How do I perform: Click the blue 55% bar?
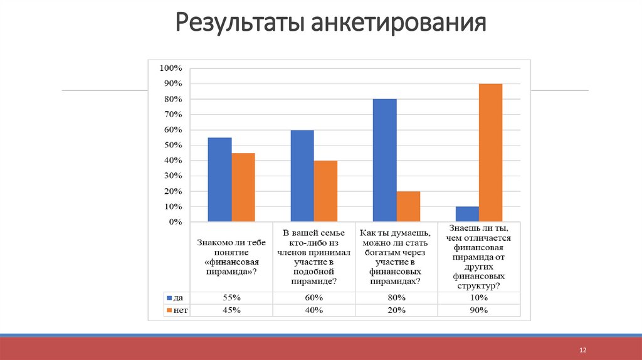(219, 179)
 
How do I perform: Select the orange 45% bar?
(243, 187)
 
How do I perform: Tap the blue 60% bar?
(302, 176)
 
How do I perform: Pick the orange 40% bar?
(326, 191)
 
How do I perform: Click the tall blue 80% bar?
(384, 160)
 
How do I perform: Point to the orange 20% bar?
(408, 206)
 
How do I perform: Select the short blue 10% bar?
(467, 214)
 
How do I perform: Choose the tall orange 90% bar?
(490, 152)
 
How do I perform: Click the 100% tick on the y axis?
(171, 68)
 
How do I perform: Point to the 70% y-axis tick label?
(172, 114)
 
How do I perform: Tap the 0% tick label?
(174, 222)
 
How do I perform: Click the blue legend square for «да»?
(168, 297)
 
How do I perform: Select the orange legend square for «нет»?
(168, 310)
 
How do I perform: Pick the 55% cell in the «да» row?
(232, 297)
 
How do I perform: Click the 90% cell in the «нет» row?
(478, 310)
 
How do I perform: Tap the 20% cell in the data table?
(396, 310)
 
